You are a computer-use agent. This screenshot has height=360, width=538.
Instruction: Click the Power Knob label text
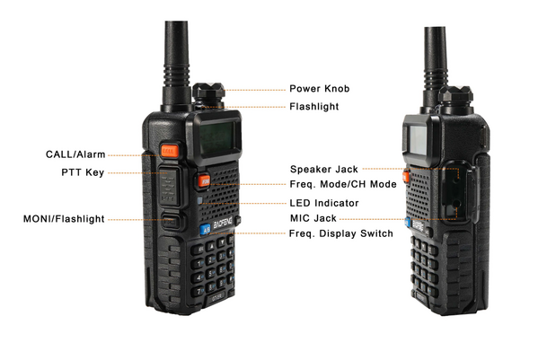coord(320,89)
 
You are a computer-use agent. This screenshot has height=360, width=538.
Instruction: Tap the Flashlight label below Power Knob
coord(314,107)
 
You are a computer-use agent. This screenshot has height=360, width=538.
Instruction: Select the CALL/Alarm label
coord(75,154)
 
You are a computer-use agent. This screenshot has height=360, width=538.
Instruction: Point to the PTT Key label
coord(83,172)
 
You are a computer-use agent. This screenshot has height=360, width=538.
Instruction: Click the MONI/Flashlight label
coord(64,219)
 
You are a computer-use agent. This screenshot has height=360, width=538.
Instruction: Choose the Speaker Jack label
coord(324,169)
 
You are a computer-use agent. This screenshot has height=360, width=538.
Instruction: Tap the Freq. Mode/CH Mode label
coord(343,184)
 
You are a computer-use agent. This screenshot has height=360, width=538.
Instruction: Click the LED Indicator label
coord(324,203)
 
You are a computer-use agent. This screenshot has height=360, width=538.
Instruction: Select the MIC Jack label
coord(313,218)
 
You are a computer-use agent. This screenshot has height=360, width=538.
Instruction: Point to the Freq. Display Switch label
coord(341,233)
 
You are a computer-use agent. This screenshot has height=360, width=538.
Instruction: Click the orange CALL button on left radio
coord(169,151)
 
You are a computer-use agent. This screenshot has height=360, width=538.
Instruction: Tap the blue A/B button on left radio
coord(205,229)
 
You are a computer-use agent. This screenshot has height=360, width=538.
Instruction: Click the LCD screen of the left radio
coord(216,138)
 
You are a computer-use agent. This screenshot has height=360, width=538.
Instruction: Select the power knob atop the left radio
coord(208,93)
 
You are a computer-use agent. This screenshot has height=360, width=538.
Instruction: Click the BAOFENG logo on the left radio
coord(223,224)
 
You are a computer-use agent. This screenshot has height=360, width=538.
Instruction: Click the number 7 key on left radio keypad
coord(198,292)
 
